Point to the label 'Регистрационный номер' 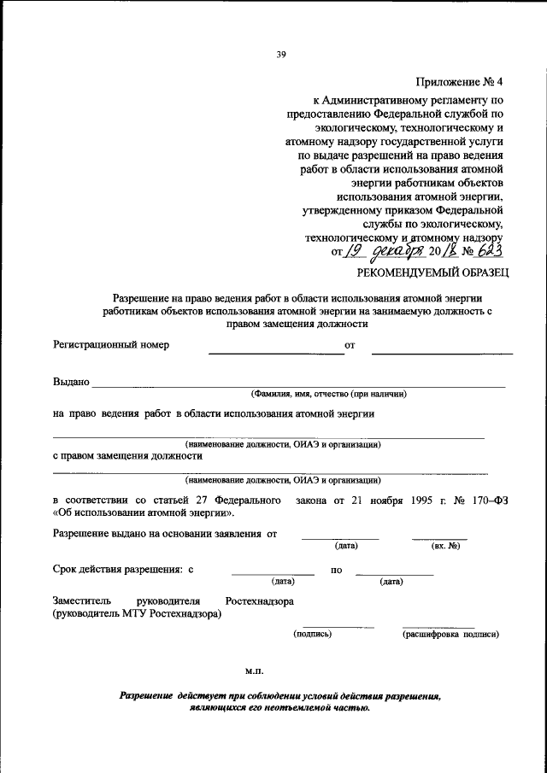pyautogui.click(x=111, y=345)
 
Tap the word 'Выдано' pyautogui.click(x=70, y=383)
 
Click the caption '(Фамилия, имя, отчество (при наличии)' pyautogui.click(x=328, y=395)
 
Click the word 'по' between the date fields pyautogui.click(x=336, y=569)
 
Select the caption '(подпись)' pyautogui.click(x=312, y=635)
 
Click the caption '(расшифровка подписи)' pyautogui.click(x=450, y=635)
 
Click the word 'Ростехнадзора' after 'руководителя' pyautogui.click(x=260, y=600)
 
